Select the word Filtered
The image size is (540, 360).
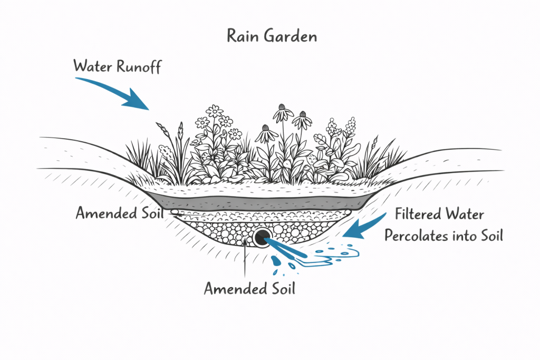[x=416, y=215]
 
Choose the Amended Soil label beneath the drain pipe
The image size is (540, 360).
[x=250, y=288]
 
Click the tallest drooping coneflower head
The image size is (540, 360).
[x=284, y=112]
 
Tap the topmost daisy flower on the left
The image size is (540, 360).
[x=215, y=111]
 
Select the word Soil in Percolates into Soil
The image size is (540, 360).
[x=490, y=236]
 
